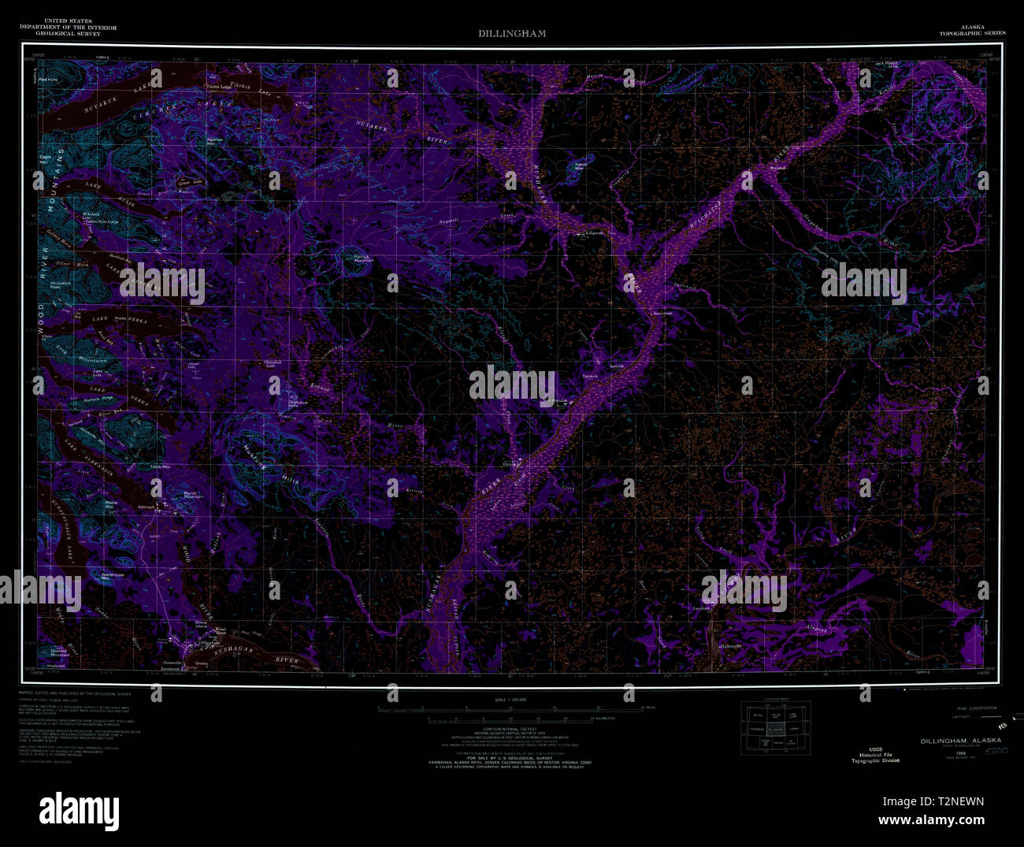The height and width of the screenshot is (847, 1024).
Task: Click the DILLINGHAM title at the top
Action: (x=511, y=34)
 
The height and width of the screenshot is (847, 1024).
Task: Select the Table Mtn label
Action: (x=171, y=467)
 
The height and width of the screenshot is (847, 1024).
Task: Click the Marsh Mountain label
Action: (x=194, y=496)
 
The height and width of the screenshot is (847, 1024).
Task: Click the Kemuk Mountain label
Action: (x=362, y=258)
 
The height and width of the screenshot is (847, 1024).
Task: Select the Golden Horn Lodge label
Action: (x=102, y=221)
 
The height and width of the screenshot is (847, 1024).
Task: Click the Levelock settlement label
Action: (x=702, y=607)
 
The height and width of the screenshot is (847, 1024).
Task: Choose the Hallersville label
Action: (x=733, y=647)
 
